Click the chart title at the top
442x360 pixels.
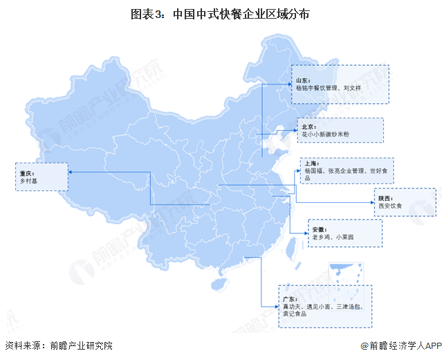pos(221,13)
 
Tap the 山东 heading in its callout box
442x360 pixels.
pos(302,81)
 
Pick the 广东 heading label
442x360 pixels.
pos(288,297)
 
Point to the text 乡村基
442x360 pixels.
pos(28,181)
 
